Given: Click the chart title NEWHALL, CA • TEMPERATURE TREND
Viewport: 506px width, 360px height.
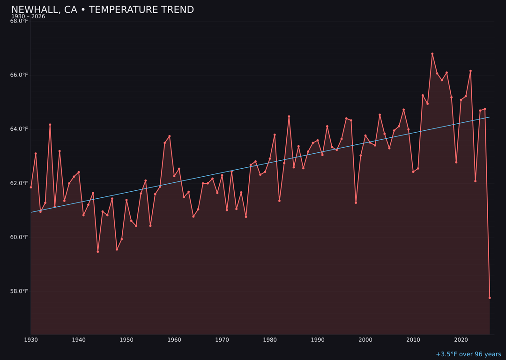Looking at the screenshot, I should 102,10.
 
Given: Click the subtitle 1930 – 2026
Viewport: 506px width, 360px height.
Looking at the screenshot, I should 28,16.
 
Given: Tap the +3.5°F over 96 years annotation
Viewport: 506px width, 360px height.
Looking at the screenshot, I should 468,354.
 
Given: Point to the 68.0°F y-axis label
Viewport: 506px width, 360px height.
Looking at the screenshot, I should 19,21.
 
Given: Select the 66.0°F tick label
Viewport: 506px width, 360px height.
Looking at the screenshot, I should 19,75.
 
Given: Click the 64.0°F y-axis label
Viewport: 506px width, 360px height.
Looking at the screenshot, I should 19,129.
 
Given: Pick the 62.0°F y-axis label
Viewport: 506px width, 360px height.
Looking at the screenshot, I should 19,183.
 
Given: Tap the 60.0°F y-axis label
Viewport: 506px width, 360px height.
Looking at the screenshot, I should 19,237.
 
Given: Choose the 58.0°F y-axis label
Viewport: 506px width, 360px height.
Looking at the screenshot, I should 19,291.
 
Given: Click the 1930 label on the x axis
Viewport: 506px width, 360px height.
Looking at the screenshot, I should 31,340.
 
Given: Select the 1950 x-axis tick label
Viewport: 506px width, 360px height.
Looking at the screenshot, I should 126,340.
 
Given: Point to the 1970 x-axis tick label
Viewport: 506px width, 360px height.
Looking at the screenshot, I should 222,340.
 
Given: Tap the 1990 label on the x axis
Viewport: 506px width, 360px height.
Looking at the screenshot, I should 318,340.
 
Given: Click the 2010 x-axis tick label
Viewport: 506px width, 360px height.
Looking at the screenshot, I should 413,340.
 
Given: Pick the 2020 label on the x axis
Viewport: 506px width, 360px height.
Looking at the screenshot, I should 461,340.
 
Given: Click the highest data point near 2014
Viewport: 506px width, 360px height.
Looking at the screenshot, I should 432,54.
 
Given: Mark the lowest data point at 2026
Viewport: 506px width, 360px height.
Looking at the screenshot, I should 490,298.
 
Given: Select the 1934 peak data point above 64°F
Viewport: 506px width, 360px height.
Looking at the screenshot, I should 50,125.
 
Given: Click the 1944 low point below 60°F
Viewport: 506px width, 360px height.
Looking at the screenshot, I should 98,252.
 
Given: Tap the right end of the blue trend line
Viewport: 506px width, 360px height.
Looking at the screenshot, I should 489,117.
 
